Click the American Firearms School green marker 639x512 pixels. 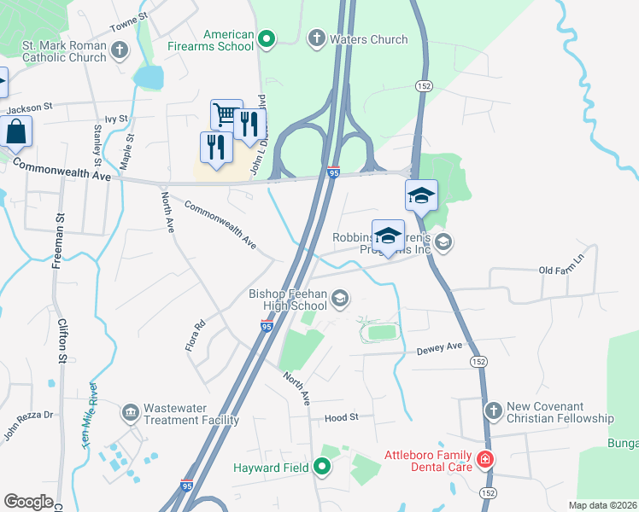coord(266,38)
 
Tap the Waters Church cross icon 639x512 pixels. coord(316,38)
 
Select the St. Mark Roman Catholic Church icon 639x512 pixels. coord(119,50)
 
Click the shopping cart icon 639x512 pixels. coord(226,114)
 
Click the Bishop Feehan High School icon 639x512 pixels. coord(340,298)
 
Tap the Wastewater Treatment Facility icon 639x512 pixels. coord(130,414)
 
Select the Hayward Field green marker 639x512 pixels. coord(321,466)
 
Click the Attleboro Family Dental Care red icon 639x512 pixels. coord(484,460)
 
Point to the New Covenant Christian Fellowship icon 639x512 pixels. coord(493,411)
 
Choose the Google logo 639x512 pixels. coord(28,502)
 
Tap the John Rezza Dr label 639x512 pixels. coord(28,427)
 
